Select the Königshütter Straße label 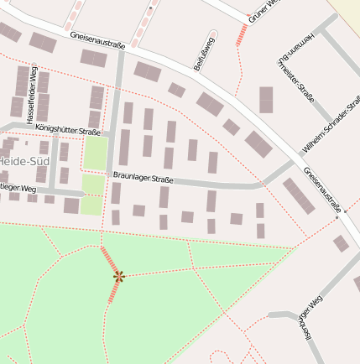point(68,130)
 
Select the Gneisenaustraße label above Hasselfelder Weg point(98,39)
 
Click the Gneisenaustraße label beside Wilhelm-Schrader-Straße point(319,190)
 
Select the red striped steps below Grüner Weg point(243,34)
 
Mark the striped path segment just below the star point(114,291)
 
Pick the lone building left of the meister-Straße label point(266,99)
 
